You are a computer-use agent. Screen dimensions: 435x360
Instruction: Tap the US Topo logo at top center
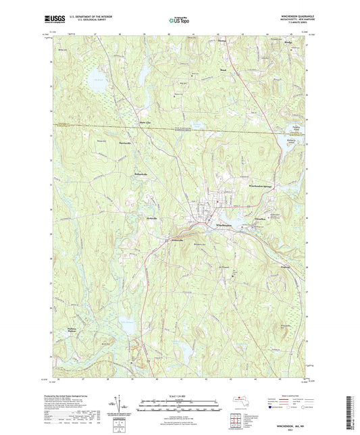pyautogui.click(x=179, y=21)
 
